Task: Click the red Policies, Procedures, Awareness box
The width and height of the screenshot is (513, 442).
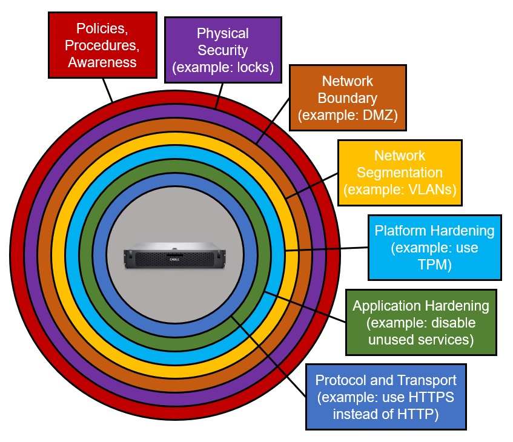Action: point(102,45)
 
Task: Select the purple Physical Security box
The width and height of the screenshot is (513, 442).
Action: point(223,50)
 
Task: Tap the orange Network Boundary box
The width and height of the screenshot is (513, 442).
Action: point(347,97)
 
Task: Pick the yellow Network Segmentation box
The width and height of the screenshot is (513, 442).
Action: point(399,172)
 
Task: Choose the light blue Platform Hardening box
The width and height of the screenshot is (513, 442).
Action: point(434,247)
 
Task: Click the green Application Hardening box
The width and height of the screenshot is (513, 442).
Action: point(420,322)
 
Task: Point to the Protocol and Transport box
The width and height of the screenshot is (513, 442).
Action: point(386,397)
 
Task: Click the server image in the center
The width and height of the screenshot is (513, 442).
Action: point(174,256)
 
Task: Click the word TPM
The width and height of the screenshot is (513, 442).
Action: point(434,265)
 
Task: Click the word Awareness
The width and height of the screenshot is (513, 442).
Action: point(102,62)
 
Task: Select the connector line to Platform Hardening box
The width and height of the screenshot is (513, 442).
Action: point(327,249)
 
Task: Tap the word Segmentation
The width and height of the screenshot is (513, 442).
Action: point(399,172)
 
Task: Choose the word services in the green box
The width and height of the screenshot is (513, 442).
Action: point(441,340)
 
